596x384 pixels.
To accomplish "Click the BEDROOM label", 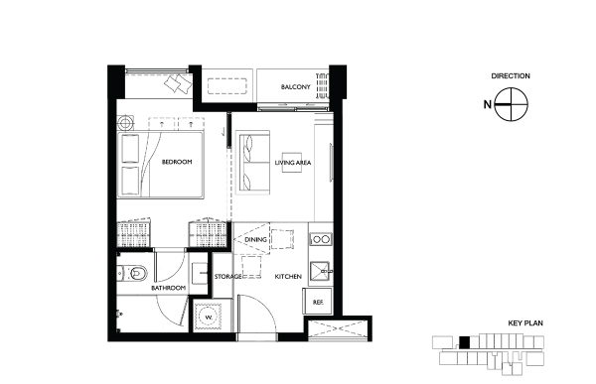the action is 177,162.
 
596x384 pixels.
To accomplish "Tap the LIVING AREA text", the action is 293,163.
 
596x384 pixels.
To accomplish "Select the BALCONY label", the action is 295,87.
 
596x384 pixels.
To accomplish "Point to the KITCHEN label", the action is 288,277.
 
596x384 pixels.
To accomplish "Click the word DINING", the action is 255,240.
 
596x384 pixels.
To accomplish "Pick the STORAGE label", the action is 227,277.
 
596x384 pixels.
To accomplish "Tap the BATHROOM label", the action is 169,288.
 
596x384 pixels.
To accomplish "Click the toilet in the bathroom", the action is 131,273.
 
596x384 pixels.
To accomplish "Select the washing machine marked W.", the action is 209,317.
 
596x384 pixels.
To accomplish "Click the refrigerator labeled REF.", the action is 318,302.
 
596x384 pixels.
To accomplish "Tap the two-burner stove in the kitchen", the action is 321,239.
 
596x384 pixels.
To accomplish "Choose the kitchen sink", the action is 320,272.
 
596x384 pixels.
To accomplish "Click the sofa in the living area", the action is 252,162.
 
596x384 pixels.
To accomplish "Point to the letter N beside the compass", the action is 488,104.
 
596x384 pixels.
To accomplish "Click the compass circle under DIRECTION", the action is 512,104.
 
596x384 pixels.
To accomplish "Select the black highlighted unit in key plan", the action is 464,342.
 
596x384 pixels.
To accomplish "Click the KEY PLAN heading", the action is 525,323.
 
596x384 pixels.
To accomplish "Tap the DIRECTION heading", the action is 511,76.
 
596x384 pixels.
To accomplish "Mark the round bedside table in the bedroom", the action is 125,123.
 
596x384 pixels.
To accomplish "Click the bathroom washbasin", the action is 200,273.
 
